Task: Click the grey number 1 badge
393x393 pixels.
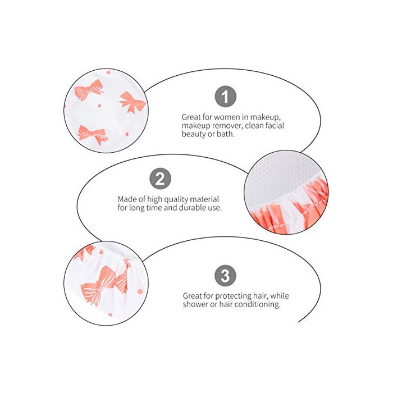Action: point(226,97)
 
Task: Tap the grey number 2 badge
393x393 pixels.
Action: point(161,179)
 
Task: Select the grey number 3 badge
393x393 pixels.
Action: point(225,276)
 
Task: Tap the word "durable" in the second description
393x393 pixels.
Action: point(192,208)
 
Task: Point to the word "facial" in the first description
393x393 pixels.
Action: point(274,125)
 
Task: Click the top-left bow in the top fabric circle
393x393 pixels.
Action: point(89,90)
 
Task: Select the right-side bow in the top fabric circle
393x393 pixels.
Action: point(132,102)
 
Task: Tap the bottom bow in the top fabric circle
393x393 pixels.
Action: point(93,134)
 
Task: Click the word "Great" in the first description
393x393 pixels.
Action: point(191,117)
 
